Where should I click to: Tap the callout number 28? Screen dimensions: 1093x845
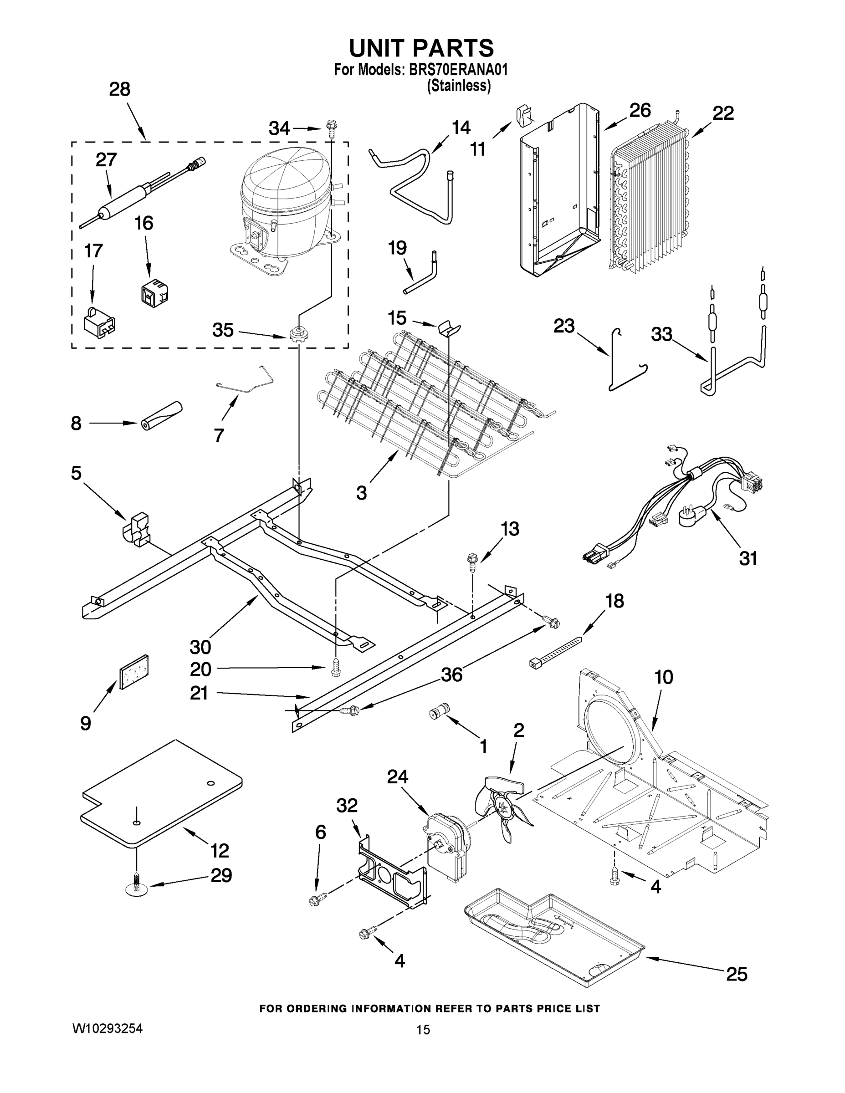tap(120, 90)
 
